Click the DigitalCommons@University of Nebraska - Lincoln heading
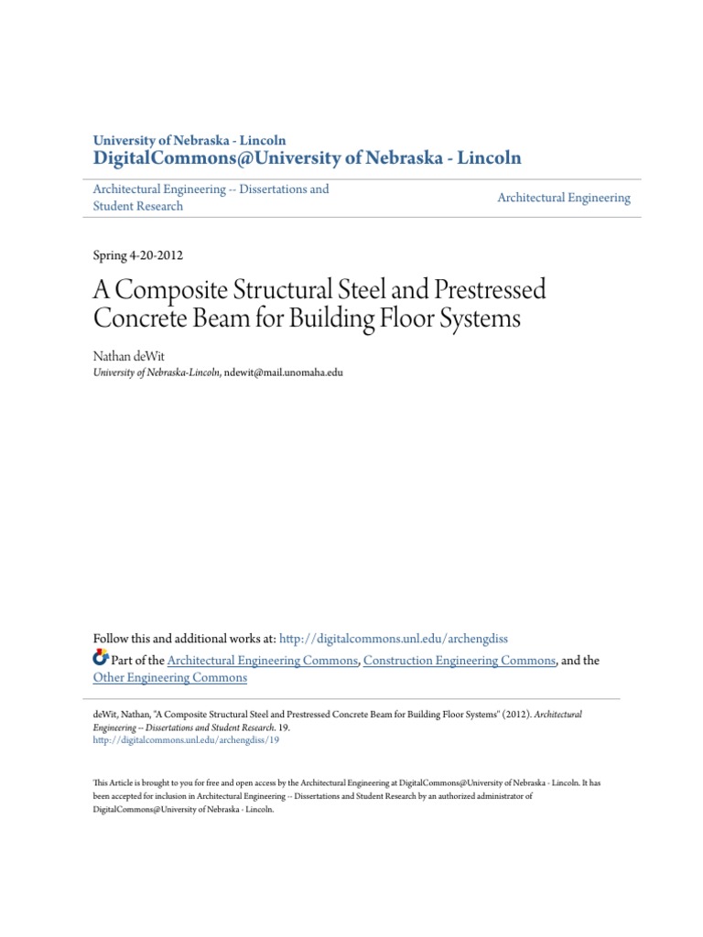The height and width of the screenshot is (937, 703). [308, 157]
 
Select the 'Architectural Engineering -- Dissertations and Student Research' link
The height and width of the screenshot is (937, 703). [211, 198]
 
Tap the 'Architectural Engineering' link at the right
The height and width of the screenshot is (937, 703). [564, 198]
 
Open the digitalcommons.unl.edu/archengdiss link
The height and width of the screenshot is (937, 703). [393, 637]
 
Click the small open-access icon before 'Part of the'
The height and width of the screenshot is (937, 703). [101, 659]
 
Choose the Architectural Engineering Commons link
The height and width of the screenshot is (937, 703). [263, 660]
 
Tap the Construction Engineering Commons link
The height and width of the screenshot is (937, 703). [460, 660]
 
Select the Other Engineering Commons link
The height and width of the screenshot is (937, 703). [170, 678]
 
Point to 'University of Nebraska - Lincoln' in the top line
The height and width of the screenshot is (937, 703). [189, 140]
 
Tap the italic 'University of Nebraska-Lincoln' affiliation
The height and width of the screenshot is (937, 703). [157, 372]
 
